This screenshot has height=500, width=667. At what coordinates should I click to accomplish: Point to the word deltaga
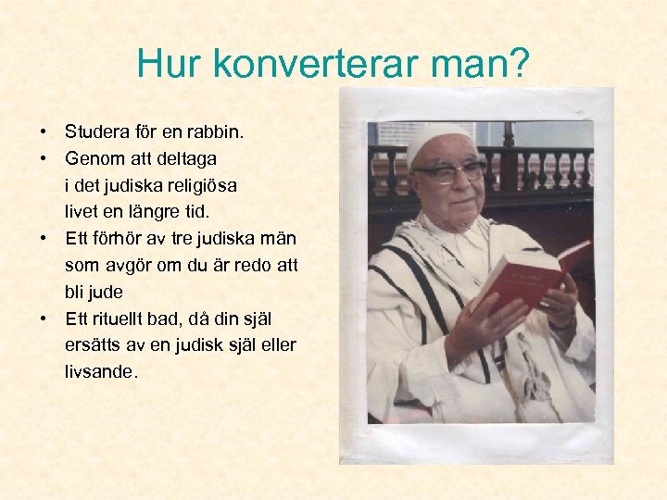coord(184,158)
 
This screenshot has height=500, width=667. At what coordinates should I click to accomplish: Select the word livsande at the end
coord(101,372)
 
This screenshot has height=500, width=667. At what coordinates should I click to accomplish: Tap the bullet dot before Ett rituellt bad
coord(44,319)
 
